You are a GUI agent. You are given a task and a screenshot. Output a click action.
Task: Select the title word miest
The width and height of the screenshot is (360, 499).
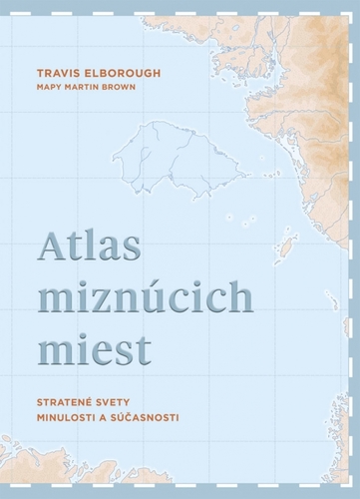click(96, 349)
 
